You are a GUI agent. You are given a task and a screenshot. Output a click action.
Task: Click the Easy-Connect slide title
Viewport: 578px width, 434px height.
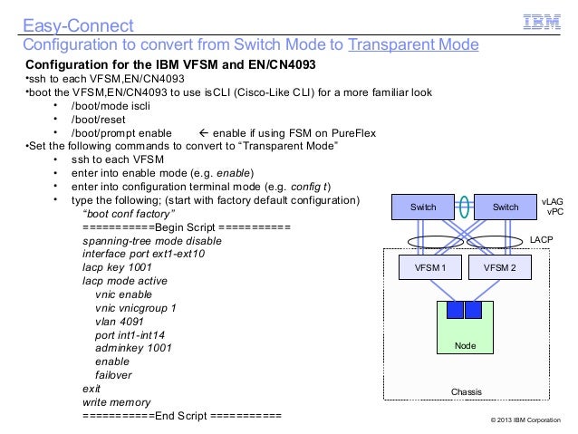point(78,23)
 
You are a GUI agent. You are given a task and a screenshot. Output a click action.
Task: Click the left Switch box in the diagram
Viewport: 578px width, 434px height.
point(423,207)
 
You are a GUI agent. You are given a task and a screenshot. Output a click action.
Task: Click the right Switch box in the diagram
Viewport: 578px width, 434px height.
point(506,207)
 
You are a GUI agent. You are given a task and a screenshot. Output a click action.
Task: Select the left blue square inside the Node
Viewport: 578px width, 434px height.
point(452,310)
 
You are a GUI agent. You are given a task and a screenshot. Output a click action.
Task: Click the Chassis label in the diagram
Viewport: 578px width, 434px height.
point(467,391)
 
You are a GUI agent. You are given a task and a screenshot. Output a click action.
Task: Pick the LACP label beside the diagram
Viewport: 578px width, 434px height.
point(541,238)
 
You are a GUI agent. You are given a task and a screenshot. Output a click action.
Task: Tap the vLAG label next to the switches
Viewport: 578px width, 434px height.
point(551,203)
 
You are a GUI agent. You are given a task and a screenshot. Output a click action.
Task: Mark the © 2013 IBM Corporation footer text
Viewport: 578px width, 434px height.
point(525,422)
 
